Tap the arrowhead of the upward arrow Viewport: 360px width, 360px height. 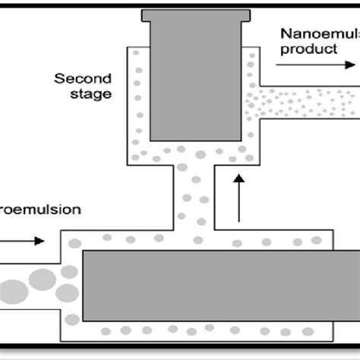[x=239, y=178]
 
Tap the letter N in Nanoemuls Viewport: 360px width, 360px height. [x=285, y=34]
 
